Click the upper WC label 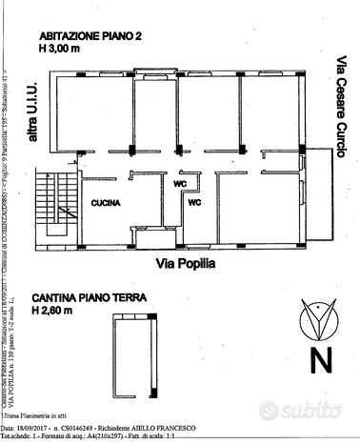pos(178,184)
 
